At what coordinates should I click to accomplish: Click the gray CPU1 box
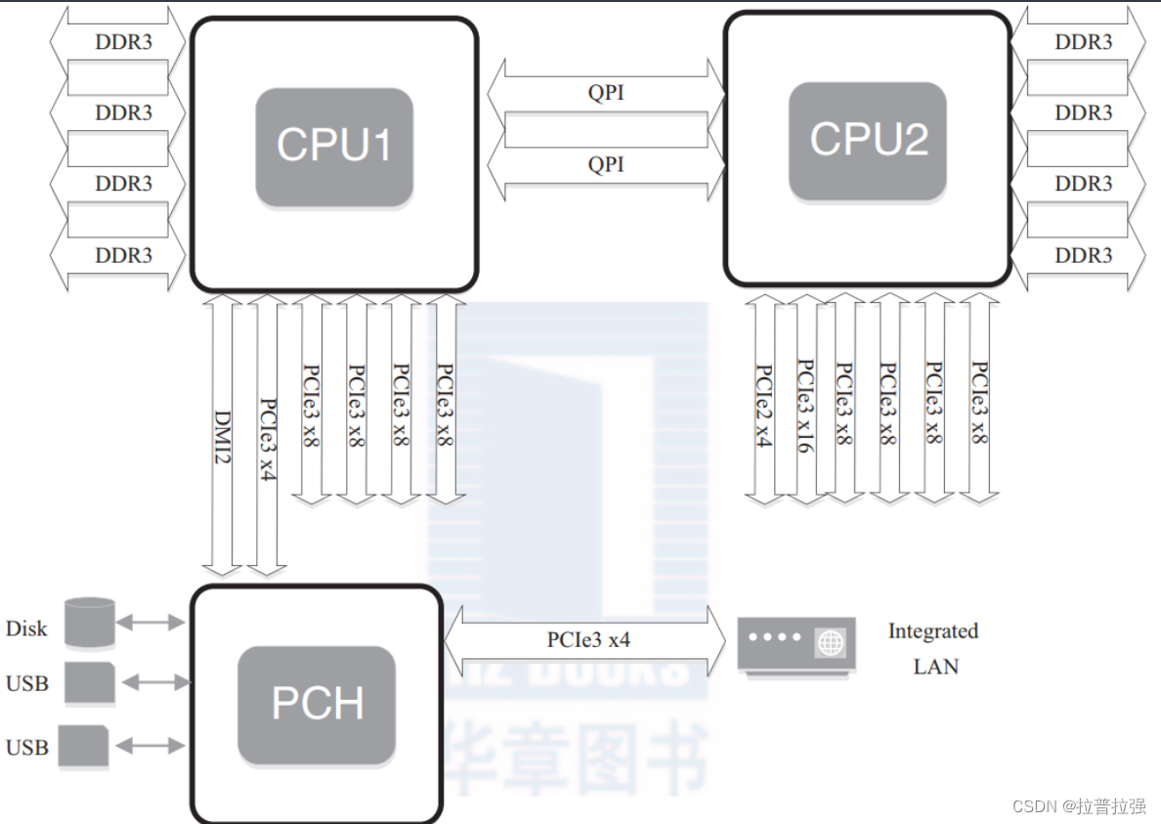[x=333, y=147]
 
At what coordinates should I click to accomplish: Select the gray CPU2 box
[x=868, y=141]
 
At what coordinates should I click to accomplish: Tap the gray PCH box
[x=317, y=705]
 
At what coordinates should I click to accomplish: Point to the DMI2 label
[x=223, y=436]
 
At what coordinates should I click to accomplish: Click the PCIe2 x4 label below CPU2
[x=763, y=405]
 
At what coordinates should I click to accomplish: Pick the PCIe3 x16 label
[x=806, y=405]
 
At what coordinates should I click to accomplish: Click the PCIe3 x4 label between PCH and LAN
[x=588, y=641]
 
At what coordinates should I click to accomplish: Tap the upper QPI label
[x=606, y=93]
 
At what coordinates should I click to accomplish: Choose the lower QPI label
[x=606, y=164]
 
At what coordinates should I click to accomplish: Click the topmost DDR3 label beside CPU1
[x=123, y=42]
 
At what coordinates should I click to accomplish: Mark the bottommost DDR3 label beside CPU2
[x=1083, y=255]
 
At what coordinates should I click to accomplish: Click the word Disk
[x=26, y=629]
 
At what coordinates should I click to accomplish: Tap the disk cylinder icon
[x=90, y=623]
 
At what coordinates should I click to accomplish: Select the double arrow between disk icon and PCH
[x=150, y=622]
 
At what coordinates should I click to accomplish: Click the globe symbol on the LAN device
[x=830, y=643]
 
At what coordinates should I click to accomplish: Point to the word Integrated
[x=932, y=631]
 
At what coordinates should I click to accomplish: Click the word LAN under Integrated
[x=935, y=667]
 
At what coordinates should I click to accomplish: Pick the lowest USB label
[x=26, y=748]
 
